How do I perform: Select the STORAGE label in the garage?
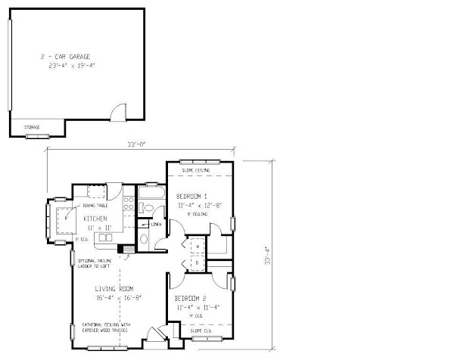tap(32, 127)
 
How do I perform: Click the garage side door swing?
tap(117, 113)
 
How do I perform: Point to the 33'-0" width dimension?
tap(138, 145)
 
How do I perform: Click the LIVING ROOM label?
tap(115, 289)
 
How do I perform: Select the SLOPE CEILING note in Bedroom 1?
tap(197, 170)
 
